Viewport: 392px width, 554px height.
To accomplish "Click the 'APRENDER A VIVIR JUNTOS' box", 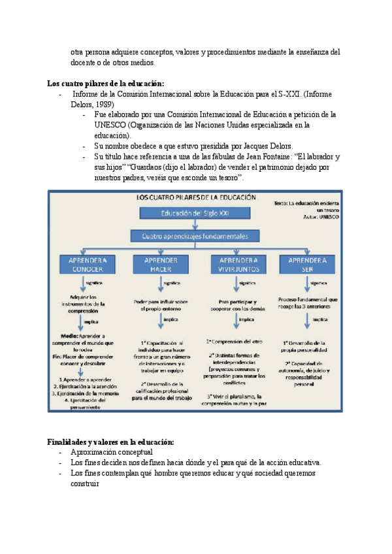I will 238,264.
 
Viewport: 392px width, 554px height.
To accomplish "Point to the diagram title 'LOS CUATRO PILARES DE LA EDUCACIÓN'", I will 196,197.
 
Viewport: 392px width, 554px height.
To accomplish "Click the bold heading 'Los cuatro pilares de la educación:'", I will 106,83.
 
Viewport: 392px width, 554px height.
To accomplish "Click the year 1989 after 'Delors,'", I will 105,104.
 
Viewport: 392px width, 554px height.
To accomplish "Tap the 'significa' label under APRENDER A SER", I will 319,283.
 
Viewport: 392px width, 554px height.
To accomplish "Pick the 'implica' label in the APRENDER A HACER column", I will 171,319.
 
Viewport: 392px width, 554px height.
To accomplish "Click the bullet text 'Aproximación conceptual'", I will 111,452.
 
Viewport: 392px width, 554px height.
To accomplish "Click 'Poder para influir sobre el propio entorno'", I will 161,305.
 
